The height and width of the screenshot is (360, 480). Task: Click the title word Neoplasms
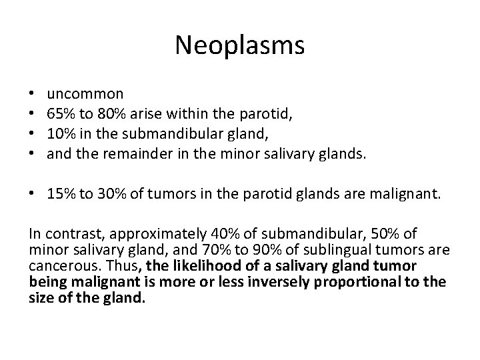(239, 45)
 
